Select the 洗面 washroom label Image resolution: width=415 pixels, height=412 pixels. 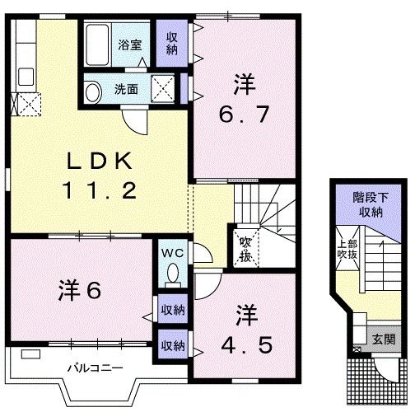125,89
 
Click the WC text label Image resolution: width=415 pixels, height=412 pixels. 173,250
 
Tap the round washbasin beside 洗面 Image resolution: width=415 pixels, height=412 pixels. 94,91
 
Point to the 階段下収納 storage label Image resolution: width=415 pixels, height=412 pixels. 368,205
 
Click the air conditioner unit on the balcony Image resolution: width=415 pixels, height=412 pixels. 30,353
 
